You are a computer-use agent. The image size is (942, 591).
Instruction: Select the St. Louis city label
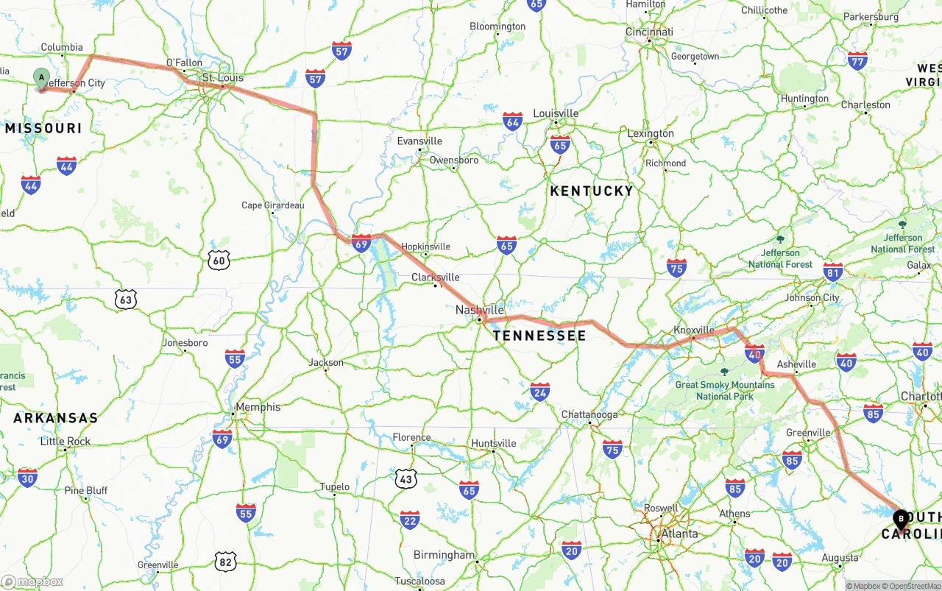[222, 77]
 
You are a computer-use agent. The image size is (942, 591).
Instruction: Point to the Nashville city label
[480, 310]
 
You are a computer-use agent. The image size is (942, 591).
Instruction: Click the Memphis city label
[258, 407]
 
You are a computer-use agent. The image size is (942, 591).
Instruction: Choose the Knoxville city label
[694, 330]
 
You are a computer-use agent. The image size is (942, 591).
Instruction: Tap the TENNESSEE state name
[539, 336]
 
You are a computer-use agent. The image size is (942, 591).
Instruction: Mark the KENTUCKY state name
[592, 191]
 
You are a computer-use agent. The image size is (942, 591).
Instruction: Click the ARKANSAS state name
[55, 418]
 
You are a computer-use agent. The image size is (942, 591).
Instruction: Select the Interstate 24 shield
[539, 391]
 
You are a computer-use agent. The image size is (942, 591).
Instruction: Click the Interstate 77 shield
[857, 60]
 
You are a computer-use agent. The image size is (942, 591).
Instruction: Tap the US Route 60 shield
[219, 259]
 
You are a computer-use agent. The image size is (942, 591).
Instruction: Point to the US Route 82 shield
[226, 562]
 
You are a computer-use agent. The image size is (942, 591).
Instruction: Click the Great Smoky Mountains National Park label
[725, 390]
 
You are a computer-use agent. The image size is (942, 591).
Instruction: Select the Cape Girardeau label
[272, 205]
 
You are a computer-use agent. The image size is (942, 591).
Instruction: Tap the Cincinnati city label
[649, 32]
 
